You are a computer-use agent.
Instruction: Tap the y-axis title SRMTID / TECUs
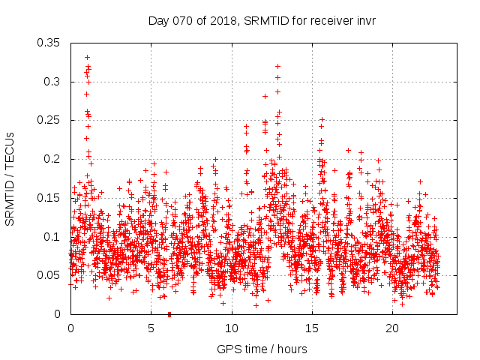pos(10,179)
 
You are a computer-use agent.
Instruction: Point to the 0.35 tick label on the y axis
pos(49,42)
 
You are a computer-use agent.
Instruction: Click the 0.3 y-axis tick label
pos(52,81)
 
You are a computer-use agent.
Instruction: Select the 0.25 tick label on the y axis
pos(49,120)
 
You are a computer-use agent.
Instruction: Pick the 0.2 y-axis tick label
pos(52,159)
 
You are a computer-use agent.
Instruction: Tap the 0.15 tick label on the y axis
pos(49,198)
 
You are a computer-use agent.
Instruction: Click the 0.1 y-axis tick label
pos(52,237)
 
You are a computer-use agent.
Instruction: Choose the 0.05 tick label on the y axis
pos(49,275)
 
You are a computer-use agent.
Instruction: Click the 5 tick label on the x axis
pos(151,328)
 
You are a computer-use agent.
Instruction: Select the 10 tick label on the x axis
pos(231,328)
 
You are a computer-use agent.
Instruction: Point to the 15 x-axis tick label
pos(311,328)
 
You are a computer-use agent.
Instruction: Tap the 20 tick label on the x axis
pos(391,328)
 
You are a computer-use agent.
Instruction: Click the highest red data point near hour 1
pos(87,57)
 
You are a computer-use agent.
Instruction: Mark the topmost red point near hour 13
pos(277,66)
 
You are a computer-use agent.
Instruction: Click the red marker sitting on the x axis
pos(169,314)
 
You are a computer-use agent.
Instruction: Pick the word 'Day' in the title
pos(158,20)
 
